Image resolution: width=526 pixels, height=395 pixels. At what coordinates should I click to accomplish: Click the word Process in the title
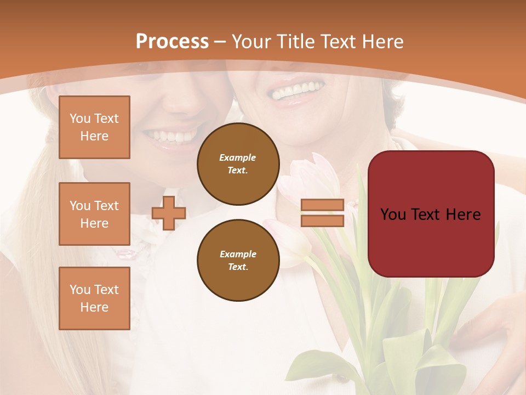coord(172,42)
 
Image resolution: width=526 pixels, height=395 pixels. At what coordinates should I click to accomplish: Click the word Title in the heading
coord(295,42)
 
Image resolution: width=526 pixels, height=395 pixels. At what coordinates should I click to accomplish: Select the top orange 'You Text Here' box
coord(94,127)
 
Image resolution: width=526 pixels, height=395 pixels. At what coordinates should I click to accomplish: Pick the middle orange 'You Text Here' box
coord(94,214)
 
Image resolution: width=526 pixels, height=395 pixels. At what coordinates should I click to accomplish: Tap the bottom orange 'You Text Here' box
coord(94,298)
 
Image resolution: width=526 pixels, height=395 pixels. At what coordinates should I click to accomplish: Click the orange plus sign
coord(169,213)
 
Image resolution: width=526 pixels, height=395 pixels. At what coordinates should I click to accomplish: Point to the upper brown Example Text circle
coord(238,164)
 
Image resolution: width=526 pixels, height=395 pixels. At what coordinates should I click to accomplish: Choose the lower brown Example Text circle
coord(238,261)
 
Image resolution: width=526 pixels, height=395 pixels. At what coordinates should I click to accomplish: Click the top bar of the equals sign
coord(322,205)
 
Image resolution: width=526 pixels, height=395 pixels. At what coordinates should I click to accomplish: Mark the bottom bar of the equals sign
coord(322,221)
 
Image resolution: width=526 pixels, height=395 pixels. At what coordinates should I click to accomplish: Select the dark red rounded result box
coord(431,213)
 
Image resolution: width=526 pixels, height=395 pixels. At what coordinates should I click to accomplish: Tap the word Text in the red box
coord(430,215)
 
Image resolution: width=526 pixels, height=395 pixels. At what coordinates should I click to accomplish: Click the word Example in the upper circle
coord(237,157)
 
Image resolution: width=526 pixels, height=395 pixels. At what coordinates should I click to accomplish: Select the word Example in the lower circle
coord(238,254)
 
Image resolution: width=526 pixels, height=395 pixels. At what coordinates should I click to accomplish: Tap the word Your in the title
coord(251,42)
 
